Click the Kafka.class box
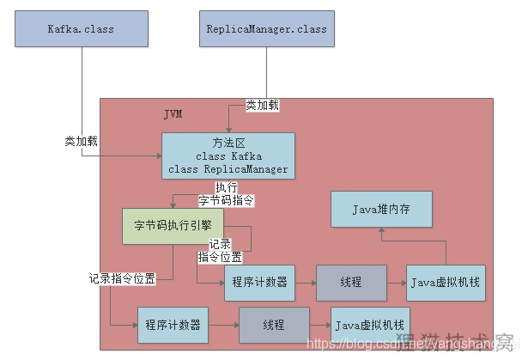point(82,28)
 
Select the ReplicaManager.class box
point(267,28)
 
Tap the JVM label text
point(173,114)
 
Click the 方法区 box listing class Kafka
point(228,156)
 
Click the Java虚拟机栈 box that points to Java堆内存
point(444,283)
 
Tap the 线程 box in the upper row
point(351,283)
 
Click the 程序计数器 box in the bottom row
point(173,326)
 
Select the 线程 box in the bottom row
point(274,326)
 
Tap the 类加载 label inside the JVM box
point(263,105)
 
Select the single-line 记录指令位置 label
point(122,278)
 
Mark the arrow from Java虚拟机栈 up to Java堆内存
point(445,249)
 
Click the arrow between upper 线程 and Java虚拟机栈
point(397,283)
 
